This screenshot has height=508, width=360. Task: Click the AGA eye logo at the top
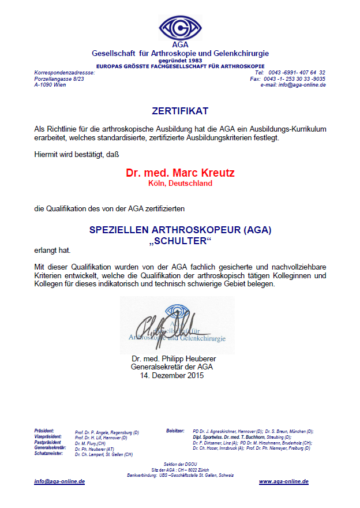180,28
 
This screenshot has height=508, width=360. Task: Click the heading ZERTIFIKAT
180,110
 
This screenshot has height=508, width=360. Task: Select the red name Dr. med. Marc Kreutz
180,173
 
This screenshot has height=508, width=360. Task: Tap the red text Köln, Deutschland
180,184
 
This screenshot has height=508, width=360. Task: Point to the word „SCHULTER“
180,241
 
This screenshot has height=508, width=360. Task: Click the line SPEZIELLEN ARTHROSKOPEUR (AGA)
180,230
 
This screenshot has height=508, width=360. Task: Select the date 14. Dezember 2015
172,376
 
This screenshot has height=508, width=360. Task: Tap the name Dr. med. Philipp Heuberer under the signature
174,359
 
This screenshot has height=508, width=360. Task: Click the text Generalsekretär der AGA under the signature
172,367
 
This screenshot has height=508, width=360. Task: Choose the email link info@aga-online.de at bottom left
59,481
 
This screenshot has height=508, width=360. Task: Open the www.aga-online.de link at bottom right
283,481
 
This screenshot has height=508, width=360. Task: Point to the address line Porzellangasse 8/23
59,79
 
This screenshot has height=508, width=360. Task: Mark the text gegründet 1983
180,60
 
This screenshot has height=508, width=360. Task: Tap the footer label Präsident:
44,431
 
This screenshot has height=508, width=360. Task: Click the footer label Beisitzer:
175,431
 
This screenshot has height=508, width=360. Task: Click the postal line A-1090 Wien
50,85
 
